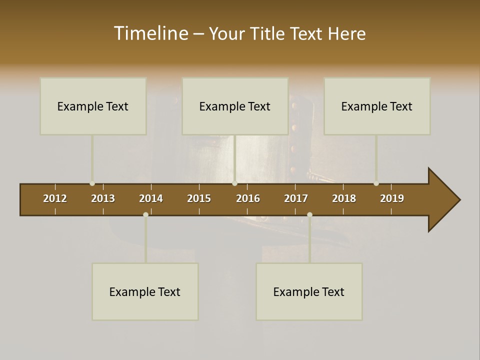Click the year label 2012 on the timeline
(55, 198)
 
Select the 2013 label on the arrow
(103, 198)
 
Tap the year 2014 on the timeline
(151, 198)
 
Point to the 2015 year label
(199, 198)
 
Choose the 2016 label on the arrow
(248, 198)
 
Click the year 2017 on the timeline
(296, 198)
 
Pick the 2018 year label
(344, 198)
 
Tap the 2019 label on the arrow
(392, 198)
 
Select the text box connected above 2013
(93, 106)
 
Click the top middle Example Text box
(235, 106)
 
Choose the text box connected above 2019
(377, 106)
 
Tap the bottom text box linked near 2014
(145, 291)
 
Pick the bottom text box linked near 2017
(309, 291)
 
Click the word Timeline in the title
(150, 33)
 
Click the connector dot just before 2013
(92, 183)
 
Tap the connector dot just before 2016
(234, 183)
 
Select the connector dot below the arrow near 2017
(309, 215)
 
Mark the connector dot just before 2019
(376, 183)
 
